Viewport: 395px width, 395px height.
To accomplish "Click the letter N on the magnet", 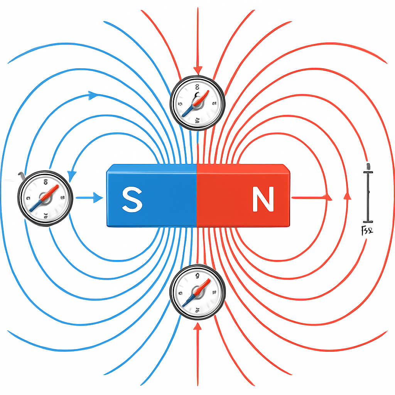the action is pyautogui.click(x=263, y=199).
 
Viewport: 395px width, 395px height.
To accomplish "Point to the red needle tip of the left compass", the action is pyautogui.click(x=57, y=187).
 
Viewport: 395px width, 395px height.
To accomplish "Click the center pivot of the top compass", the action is pyautogui.click(x=197, y=104).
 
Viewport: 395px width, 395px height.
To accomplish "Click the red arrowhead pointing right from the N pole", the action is pyautogui.click(x=328, y=197).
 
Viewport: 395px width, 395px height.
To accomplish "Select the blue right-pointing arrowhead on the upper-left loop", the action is pyautogui.click(x=93, y=95).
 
